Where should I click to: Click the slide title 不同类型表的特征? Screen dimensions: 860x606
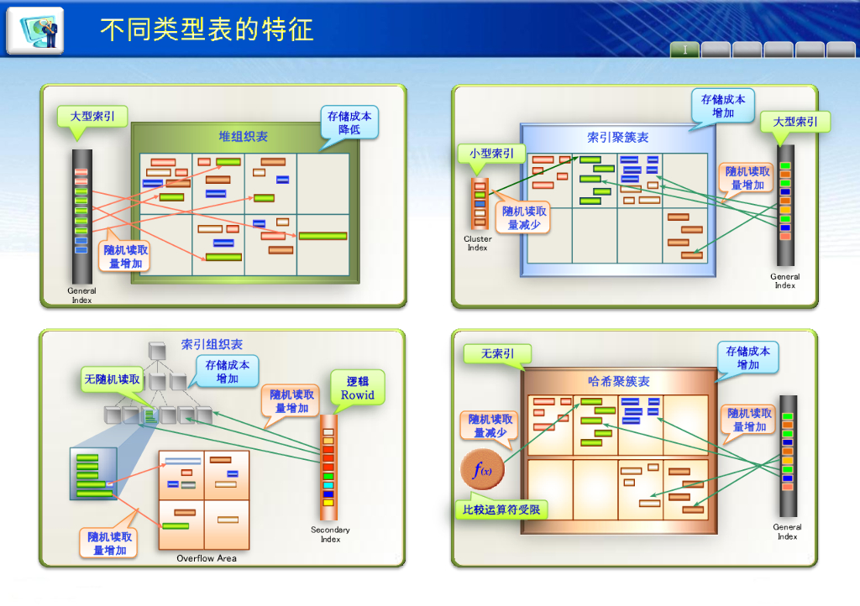pos(207,30)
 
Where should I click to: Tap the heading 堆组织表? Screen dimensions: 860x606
pos(244,137)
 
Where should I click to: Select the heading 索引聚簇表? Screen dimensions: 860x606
pos(617,137)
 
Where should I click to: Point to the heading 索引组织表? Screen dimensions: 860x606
pos(212,344)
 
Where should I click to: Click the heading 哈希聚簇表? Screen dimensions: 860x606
pos(618,381)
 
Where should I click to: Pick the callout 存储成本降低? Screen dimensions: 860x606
pos(349,123)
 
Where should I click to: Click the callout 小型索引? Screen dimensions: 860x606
pos(491,154)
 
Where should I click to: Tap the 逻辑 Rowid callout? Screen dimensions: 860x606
pos(357,388)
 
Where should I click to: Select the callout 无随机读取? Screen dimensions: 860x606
pos(113,379)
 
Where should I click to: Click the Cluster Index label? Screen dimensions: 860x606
pos(477,243)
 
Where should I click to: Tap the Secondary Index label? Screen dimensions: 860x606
pos(330,534)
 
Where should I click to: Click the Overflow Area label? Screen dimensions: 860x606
pos(207,558)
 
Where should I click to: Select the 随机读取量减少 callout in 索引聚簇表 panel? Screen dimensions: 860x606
pos(525,218)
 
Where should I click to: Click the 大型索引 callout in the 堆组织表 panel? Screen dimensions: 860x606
pos(92,116)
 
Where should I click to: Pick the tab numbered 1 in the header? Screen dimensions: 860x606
pos(684,50)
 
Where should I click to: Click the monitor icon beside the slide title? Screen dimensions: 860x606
pos(35,30)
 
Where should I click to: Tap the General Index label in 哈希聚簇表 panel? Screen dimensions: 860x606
pos(787,531)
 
